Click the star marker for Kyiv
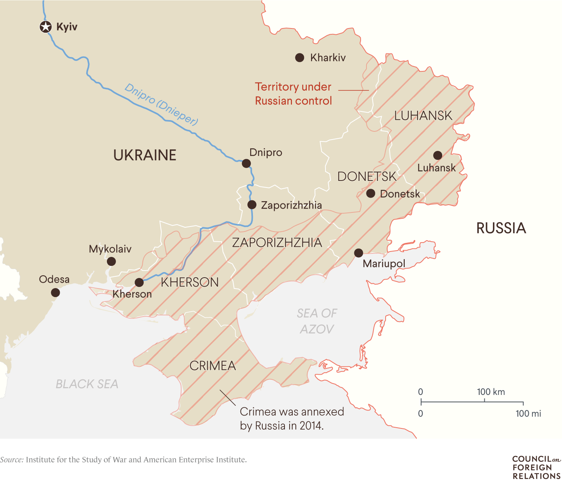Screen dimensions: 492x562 pyautogui.click(x=46, y=27)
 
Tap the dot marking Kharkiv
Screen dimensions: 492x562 pyautogui.click(x=299, y=58)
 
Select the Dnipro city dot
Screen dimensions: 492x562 pyautogui.click(x=246, y=163)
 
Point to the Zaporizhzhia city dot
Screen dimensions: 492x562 pyautogui.click(x=252, y=205)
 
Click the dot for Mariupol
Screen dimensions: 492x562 pyautogui.click(x=358, y=253)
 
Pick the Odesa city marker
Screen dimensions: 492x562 pyautogui.click(x=55, y=292)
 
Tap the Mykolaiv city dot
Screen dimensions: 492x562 pyautogui.click(x=111, y=261)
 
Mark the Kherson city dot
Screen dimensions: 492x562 pyautogui.click(x=139, y=282)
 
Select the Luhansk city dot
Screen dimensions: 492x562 pyautogui.click(x=438, y=156)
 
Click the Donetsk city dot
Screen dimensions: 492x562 pyautogui.click(x=370, y=193)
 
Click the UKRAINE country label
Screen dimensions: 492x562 pyautogui.click(x=145, y=155)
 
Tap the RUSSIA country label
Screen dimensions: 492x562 pyautogui.click(x=501, y=228)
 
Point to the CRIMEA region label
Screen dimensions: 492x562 pyautogui.click(x=213, y=366)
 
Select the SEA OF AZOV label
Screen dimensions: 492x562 pyautogui.click(x=317, y=321)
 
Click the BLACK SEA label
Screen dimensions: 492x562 pyautogui.click(x=87, y=384)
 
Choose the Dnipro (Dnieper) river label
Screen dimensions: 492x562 pyautogui.click(x=161, y=104)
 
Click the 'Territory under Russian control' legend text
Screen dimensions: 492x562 pyautogui.click(x=293, y=94)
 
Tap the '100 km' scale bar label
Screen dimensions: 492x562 pyautogui.click(x=491, y=392)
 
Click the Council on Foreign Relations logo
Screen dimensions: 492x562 pyautogui.click(x=536, y=467)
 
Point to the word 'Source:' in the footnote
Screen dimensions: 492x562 pyautogui.click(x=12, y=460)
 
